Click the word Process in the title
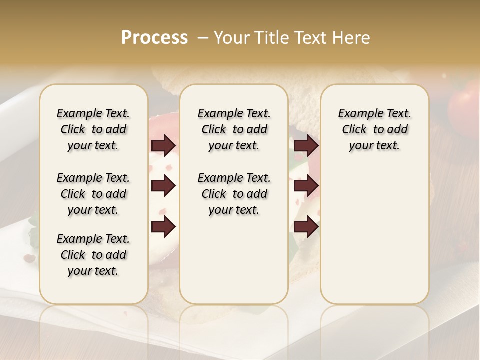click(x=154, y=38)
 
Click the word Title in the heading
click(x=269, y=38)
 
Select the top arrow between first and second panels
click(x=163, y=146)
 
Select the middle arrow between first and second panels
click(x=163, y=186)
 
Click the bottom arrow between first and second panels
click(x=163, y=227)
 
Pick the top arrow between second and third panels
click(x=306, y=146)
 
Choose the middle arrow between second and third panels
click(x=306, y=186)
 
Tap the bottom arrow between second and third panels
click(x=306, y=227)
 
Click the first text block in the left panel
click(x=93, y=129)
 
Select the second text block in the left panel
click(x=93, y=194)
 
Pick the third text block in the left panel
click(x=93, y=255)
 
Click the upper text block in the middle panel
click(x=234, y=129)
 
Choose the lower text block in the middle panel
click(x=234, y=194)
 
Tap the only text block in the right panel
click(x=374, y=129)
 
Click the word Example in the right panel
click(x=356, y=114)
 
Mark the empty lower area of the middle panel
click(x=234, y=260)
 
